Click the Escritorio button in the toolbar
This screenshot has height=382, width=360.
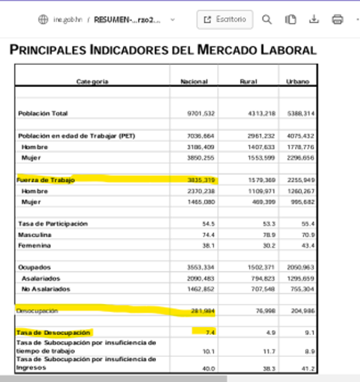point(225,19)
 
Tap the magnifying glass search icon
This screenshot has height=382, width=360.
point(267,19)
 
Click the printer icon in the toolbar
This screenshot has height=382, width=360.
point(337,19)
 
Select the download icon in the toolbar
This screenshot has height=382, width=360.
point(314,19)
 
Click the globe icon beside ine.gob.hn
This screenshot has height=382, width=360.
point(43,19)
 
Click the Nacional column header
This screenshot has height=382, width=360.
point(194,82)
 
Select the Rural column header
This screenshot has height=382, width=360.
point(248,82)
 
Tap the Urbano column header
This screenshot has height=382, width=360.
point(297,82)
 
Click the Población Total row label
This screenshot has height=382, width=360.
point(43,113)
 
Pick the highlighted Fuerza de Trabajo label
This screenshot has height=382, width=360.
point(46,180)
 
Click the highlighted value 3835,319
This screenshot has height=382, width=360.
point(201,180)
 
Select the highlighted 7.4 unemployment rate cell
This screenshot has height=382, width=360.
point(209,333)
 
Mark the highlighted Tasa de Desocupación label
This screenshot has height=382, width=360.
point(54,333)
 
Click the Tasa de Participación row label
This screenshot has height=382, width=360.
point(53,224)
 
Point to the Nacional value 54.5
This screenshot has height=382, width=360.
point(209,224)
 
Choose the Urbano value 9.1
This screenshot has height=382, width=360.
point(310,333)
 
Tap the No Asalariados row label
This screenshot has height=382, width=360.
point(46,289)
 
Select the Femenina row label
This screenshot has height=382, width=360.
point(35,245)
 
